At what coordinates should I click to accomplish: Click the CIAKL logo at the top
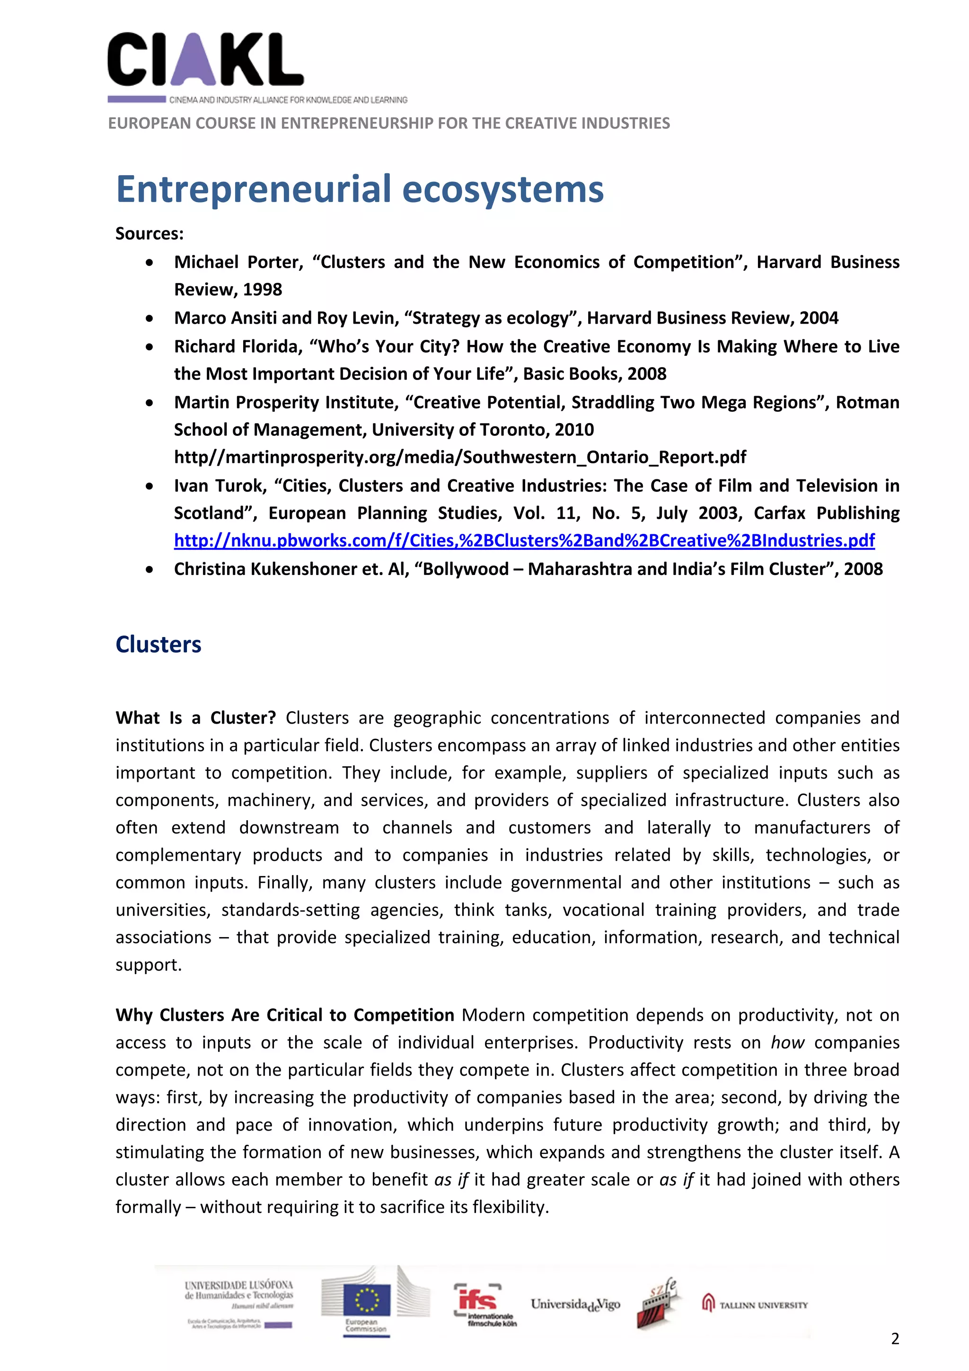pyautogui.click(x=205, y=60)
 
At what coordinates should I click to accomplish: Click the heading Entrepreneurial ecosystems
pyautogui.click(x=360, y=189)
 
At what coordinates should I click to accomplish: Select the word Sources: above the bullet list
pyautogui.click(x=149, y=233)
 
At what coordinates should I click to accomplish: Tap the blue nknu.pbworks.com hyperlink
pyautogui.click(x=524, y=540)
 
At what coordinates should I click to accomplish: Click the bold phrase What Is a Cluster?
pyautogui.click(x=195, y=718)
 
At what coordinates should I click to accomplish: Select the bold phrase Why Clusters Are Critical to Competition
pyautogui.click(x=285, y=1015)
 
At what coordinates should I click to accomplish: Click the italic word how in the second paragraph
pyautogui.click(x=787, y=1043)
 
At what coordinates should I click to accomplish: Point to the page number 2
pyautogui.click(x=894, y=1339)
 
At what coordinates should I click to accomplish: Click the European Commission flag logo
pyautogui.click(x=367, y=1302)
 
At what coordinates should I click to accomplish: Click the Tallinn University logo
pyautogui.click(x=755, y=1305)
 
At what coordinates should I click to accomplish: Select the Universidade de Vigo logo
pyautogui.click(x=575, y=1305)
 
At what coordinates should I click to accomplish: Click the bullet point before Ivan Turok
pyautogui.click(x=149, y=486)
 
